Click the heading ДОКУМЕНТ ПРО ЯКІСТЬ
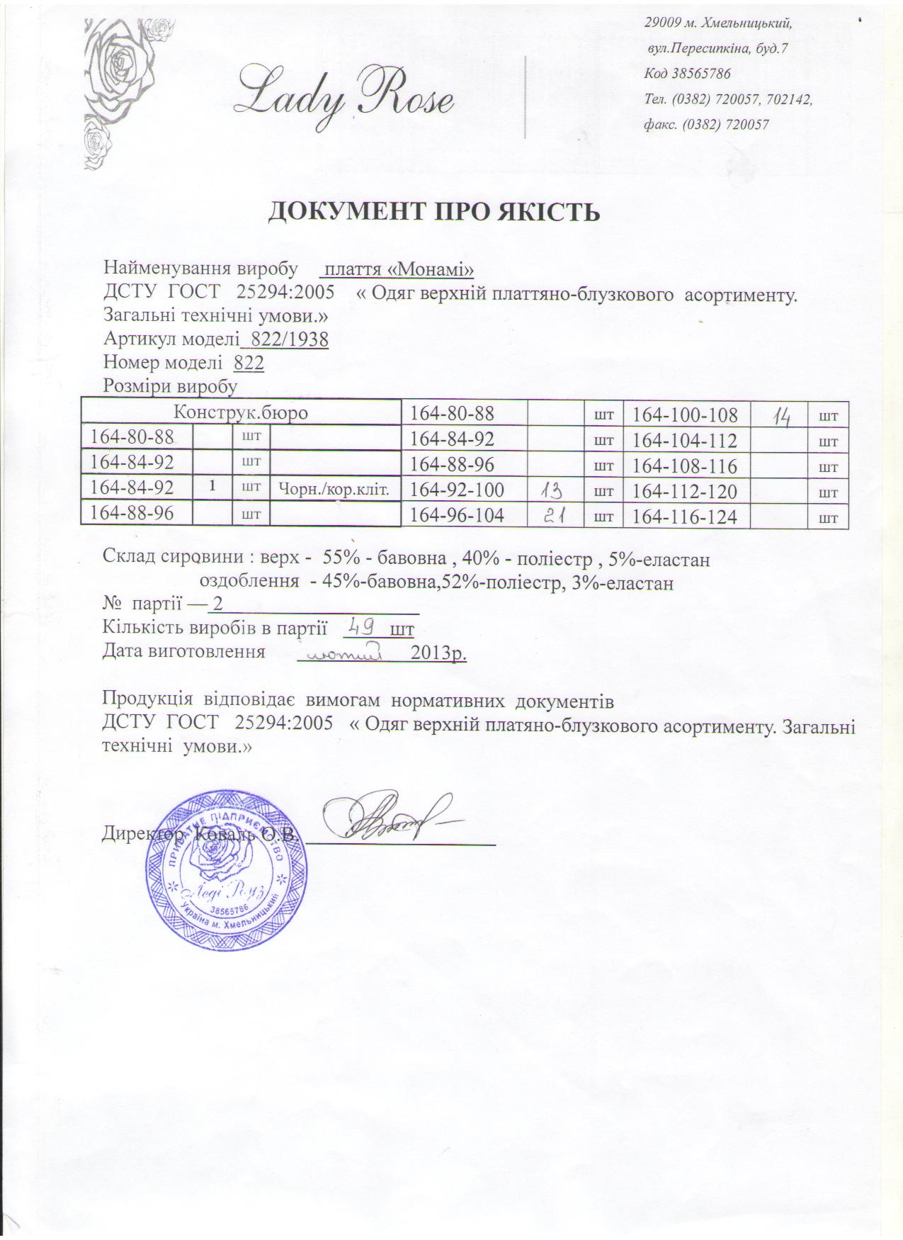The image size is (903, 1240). point(433,212)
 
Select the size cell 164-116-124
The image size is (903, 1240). point(684,517)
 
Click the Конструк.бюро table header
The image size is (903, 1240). point(241,412)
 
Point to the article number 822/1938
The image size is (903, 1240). point(285,339)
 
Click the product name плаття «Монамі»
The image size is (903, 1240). point(397,269)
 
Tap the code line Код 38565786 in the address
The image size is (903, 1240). point(687,73)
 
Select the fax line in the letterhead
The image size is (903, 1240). point(706,125)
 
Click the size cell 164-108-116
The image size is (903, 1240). point(684,466)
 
